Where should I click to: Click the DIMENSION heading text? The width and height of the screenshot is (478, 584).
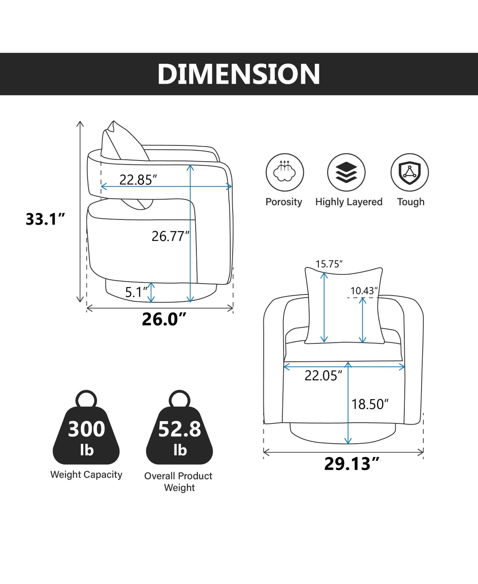[x=239, y=74]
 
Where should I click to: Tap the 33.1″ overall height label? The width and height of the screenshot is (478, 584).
[x=45, y=219]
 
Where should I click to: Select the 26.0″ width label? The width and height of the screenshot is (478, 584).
[x=164, y=319]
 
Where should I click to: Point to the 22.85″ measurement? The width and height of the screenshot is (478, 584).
[x=138, y=180]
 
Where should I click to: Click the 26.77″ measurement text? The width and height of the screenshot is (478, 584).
[x=170, y=236]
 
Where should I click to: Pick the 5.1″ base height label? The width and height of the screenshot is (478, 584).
[x=136, y=292]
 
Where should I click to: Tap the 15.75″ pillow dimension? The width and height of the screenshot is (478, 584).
[x=329, y=264]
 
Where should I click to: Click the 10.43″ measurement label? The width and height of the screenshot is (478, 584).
[x=364, y=291]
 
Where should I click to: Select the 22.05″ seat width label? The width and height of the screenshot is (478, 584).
[x=323, y=376]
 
